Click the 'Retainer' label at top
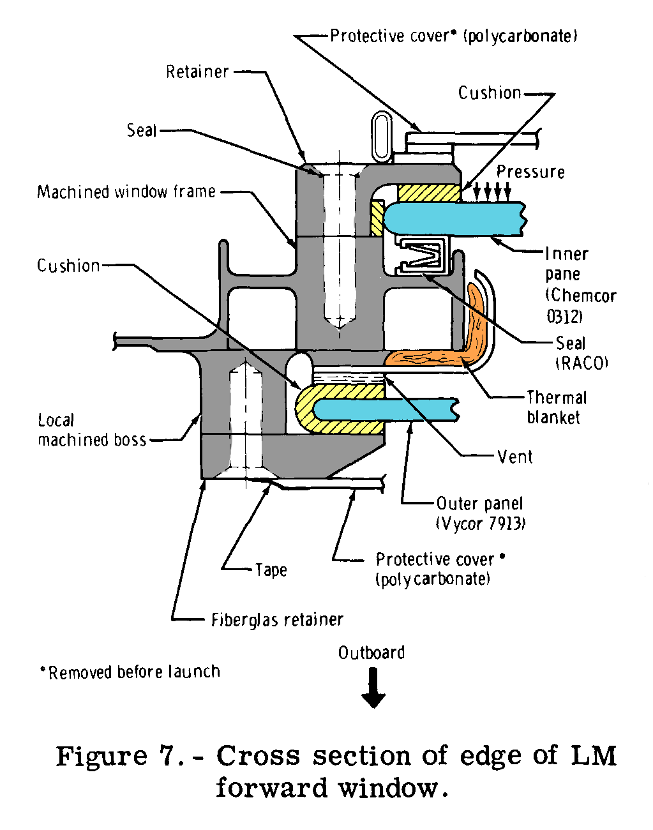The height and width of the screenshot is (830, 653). (197, 72)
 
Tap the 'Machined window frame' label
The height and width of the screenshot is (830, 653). (126, 192)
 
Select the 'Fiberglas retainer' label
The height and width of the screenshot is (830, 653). (277, 620)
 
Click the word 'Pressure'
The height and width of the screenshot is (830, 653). (530, 172)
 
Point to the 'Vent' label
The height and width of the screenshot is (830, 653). (514, 457)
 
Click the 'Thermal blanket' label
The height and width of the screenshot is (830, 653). (555, 408)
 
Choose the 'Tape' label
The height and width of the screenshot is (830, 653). (271, 570)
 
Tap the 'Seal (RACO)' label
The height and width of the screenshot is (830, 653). (582, 353)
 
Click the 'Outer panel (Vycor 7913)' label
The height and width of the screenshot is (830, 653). (480, 513)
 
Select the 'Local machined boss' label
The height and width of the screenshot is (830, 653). (92, 430)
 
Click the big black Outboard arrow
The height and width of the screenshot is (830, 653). (373, 688)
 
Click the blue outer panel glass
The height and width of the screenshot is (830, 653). (389, 409)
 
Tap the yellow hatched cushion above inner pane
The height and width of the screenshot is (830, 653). (428, 192)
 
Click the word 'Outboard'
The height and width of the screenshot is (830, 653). (372, 653)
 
